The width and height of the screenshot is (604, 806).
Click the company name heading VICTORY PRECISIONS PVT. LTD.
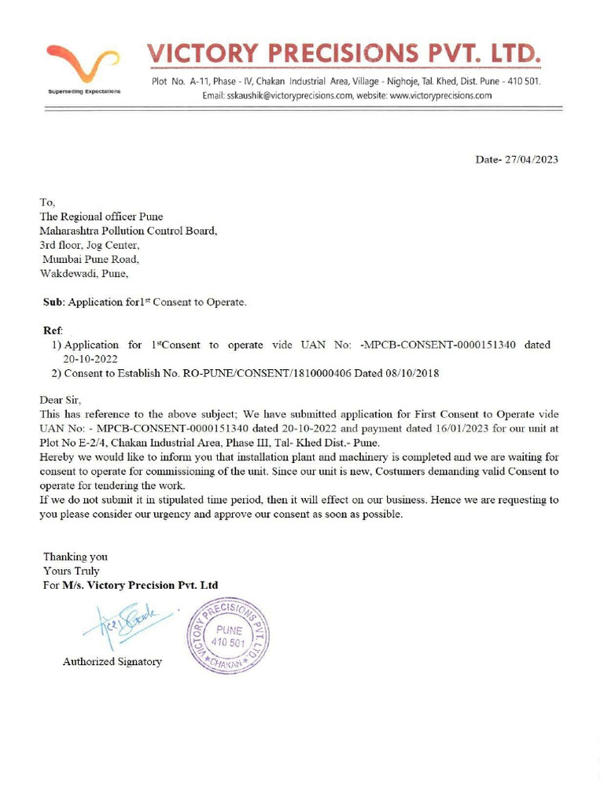344,54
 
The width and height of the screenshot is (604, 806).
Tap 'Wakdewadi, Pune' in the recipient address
83,274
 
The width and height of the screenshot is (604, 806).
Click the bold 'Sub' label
53,302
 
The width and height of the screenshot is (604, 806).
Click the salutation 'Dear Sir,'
61,400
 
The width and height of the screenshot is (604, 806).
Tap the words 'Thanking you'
75,556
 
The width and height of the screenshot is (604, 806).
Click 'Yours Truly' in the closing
72,571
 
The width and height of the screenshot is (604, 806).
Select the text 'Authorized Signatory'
112,662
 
